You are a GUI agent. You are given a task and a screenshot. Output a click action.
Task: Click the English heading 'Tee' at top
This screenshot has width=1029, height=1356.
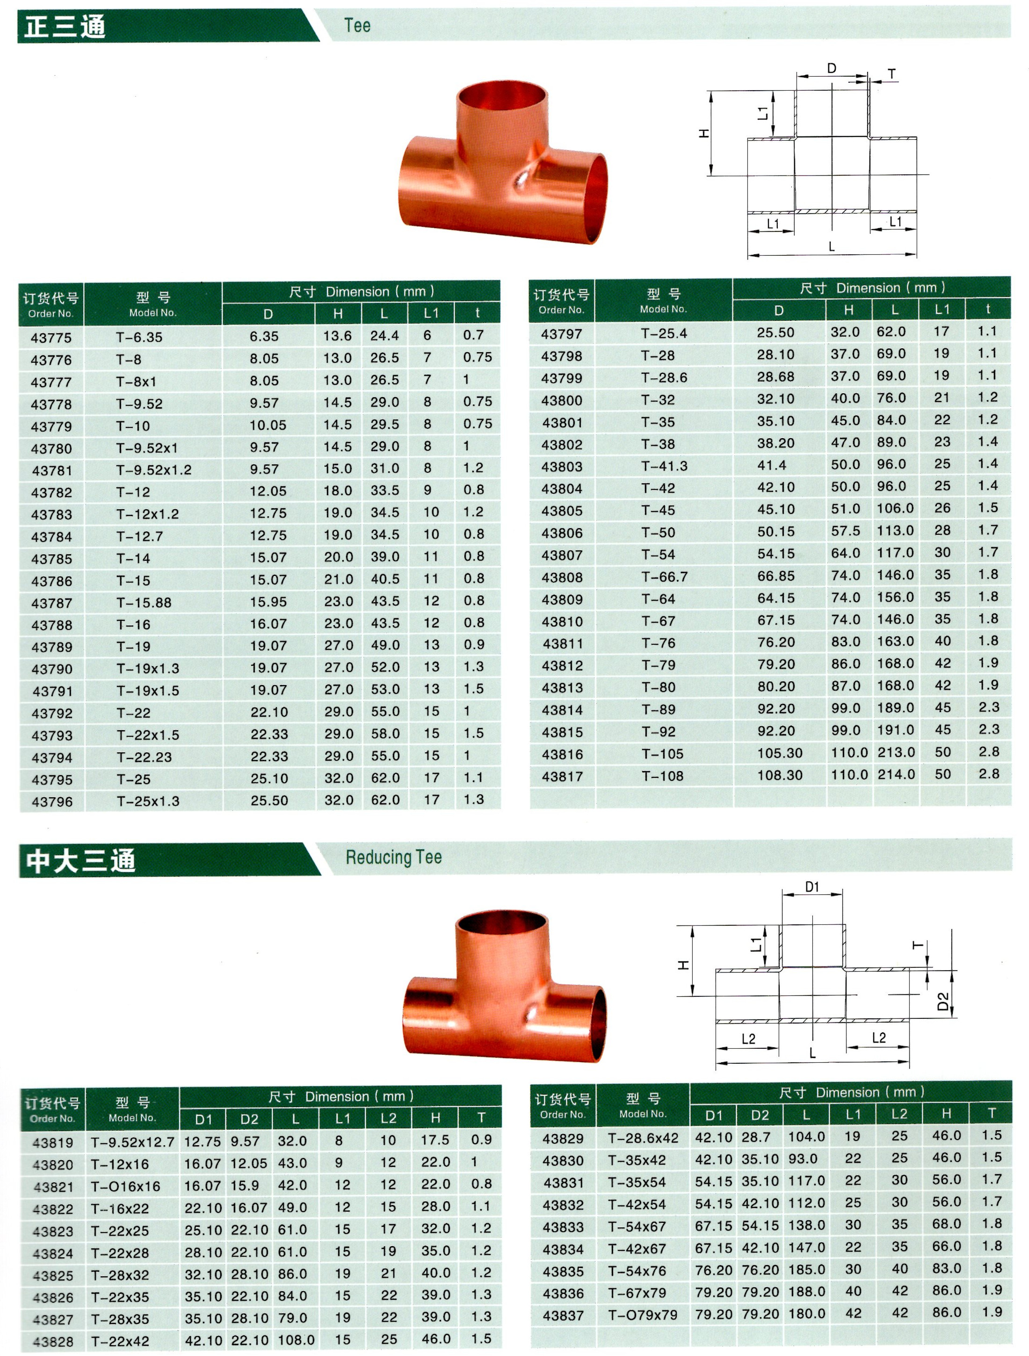[357, 25]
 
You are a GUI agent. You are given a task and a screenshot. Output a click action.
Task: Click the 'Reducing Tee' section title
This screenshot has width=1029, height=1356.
[394, 857]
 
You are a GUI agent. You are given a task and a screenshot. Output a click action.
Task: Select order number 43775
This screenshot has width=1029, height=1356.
[51, 338]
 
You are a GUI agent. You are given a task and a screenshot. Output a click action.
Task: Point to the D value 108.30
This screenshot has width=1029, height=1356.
[779, 775]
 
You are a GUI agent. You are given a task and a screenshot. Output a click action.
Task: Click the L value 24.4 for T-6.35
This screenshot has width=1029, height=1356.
[384, 336]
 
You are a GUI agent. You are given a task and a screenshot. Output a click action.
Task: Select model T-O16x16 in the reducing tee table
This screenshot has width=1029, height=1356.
[126, 1187]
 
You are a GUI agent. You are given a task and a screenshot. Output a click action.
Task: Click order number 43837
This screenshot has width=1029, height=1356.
[563, 1315]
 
